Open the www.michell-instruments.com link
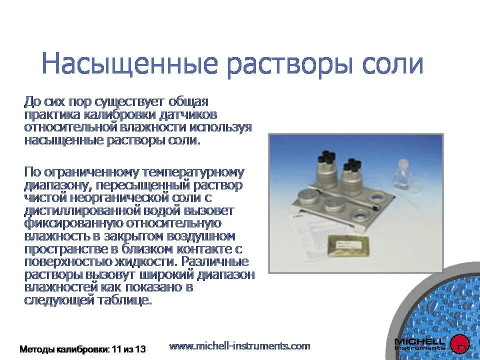[240, 345]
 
